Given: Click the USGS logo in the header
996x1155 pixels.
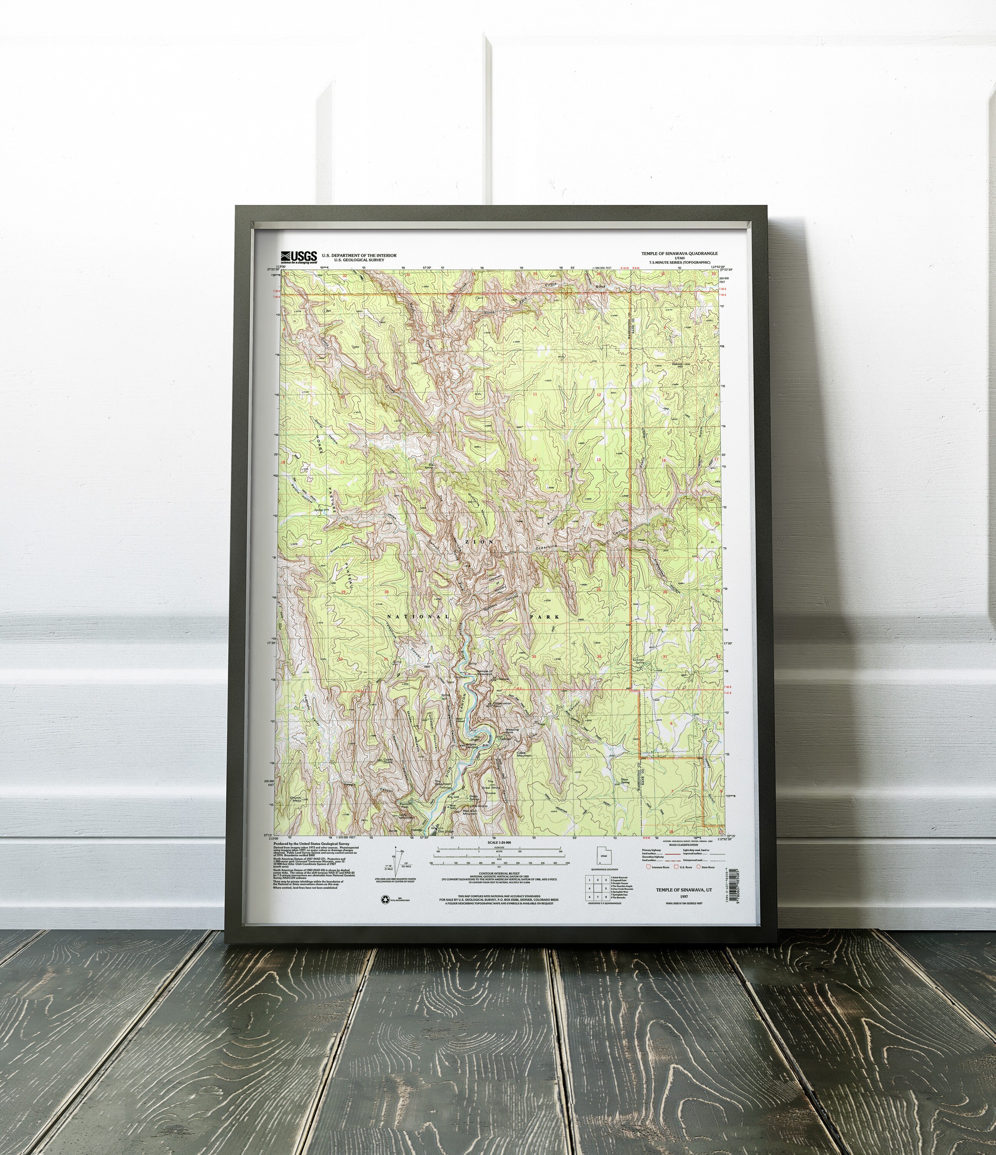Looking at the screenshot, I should (299, 256).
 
